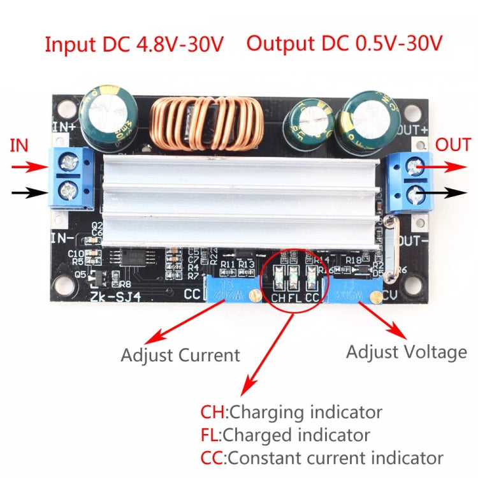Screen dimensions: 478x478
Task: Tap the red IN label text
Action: (20, 145)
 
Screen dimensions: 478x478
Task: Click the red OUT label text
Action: (453, 145)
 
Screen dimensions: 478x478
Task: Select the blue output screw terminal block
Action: (411, 182)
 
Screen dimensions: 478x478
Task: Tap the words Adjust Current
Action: (180, 354)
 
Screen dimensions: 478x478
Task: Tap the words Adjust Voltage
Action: (406, 351)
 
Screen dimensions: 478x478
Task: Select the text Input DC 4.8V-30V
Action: (134, 45)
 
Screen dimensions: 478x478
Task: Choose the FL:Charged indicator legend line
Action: (285, 435)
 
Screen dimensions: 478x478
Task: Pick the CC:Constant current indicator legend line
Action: (321, 458)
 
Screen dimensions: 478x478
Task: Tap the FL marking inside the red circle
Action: (294, 296)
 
